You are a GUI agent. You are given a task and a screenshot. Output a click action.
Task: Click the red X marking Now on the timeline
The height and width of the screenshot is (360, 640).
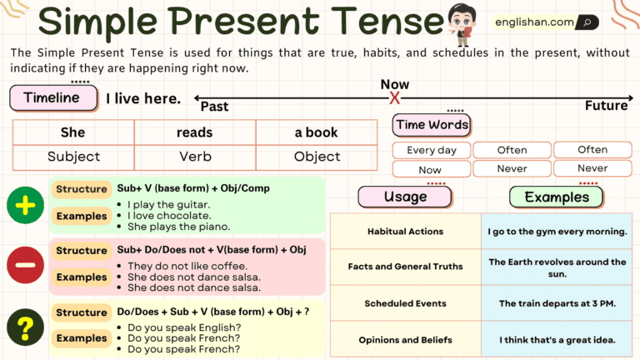pos(395,98)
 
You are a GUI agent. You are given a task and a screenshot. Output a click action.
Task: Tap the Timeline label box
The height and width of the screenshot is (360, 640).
pos(52,97)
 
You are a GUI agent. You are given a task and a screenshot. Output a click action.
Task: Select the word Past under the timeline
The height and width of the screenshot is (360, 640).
pos(214,107)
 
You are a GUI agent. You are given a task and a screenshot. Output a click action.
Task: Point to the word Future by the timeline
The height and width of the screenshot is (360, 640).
pos(606,106)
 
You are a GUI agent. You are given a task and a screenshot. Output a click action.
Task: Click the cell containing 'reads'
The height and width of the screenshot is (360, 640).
pos(194,132)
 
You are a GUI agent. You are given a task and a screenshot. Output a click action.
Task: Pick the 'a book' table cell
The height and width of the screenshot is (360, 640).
pos(316,132)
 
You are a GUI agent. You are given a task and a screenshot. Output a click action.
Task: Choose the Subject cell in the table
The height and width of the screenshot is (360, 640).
pos(73,156)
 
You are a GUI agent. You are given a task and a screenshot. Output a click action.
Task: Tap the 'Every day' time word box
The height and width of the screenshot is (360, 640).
pos(431,150)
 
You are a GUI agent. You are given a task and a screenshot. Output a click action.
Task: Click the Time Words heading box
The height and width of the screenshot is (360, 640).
pos(432,125)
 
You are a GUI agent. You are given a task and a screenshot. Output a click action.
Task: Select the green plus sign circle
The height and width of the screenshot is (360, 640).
pos(26,205)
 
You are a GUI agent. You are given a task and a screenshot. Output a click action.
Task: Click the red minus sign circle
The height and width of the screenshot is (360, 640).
pos(26,266)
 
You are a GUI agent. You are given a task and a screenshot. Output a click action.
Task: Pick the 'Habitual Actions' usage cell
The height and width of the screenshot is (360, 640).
pos(405,232)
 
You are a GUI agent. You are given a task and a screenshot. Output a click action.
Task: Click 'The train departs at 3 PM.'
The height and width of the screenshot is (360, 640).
pos(557,303)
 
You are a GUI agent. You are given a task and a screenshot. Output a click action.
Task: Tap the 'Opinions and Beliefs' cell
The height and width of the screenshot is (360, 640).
pos(405,340)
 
